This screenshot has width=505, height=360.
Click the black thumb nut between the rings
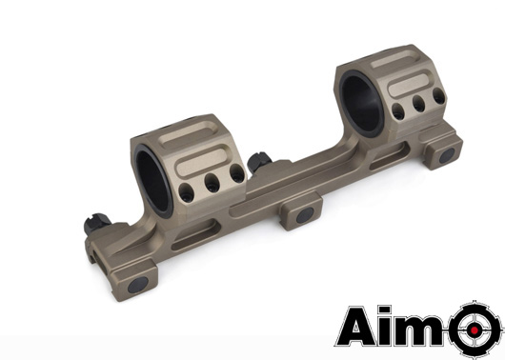pyautogui.click(x=258, y=162)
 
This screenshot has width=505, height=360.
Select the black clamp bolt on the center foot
pyautogui.click(x=304, y=215)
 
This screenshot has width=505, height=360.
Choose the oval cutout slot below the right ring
pyautogui.click(x=386, y=161)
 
